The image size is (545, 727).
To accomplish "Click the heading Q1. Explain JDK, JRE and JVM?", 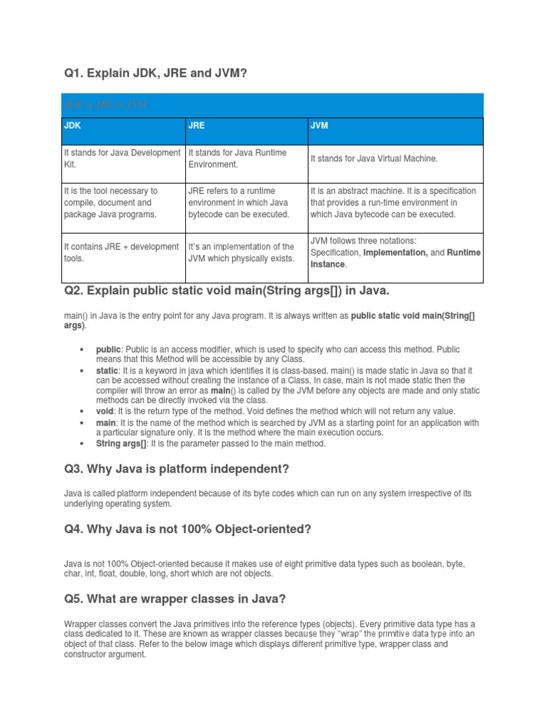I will (x=155, y=72).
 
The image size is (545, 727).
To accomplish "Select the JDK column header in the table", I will (x=73, y=125).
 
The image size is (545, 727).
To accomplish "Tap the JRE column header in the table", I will (x=197, y=125).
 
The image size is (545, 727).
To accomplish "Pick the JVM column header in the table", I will (x=319, y=125).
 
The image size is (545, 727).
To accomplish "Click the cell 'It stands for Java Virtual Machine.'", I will (x=374, y=158).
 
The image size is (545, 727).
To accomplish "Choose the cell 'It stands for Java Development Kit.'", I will (x=122, y=158).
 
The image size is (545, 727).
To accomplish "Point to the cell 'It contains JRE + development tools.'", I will (x=122, y=253).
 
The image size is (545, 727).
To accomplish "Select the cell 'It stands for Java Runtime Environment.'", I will (x=237, y=158).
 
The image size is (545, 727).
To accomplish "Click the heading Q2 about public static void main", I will (x=226, y=291).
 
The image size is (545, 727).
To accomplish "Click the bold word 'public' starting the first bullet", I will (x=109, y=349).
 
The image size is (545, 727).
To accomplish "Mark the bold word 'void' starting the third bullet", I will (x=105, y=411).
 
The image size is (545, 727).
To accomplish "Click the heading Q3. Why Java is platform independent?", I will (x=177, y=469).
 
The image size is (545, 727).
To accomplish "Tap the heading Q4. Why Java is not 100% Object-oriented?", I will (x=188, y=528).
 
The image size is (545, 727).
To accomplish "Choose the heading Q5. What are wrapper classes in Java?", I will (x=175, y=598).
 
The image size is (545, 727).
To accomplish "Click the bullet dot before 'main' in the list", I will (x=83, y=422).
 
